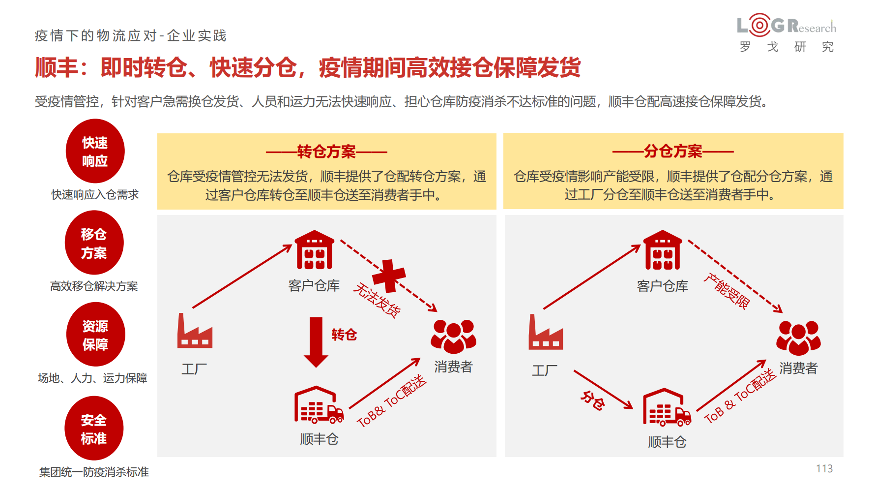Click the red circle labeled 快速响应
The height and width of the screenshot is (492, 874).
[95, 151]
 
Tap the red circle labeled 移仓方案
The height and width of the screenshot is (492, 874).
[94, 243]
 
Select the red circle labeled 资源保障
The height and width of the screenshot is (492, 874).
[95, 335]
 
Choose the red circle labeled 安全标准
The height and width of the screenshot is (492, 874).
[94, 428]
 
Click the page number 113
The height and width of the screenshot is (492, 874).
[824, 469]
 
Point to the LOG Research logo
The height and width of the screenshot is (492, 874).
[787, 32]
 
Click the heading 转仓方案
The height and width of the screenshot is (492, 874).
[326, 152]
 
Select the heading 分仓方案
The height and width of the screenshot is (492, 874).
[673, 151]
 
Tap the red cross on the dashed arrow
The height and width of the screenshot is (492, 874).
[389, 276]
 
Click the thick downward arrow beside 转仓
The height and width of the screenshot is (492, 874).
[316, 342]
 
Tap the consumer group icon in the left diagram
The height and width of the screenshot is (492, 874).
[453, 337]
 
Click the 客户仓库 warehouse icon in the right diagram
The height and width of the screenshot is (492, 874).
[663, 250]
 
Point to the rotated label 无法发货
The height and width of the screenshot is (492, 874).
[377, 300]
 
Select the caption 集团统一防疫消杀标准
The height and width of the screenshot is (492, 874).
[94, 472]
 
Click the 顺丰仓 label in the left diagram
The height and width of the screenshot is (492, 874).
[320, 439]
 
